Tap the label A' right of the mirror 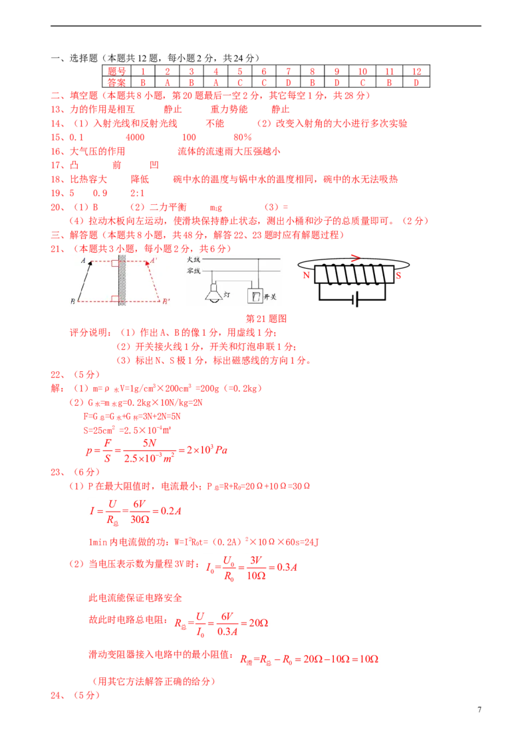coord(154,261)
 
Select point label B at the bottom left coord(72,302)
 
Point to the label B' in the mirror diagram coord(166,301)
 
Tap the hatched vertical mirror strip coord(122,279)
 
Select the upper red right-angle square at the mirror coord(115,263)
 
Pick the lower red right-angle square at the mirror coord(115,298)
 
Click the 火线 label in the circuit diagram coord(194,259)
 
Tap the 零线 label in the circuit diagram coord(194,271)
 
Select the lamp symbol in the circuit coord(214,293)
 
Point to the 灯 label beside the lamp coord(227,293)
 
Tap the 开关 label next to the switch coord(271,297)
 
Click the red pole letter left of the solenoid coord(306,275)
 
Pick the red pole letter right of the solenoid coord(399,275)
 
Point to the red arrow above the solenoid coord(355,258)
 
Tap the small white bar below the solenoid coord(354,300)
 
